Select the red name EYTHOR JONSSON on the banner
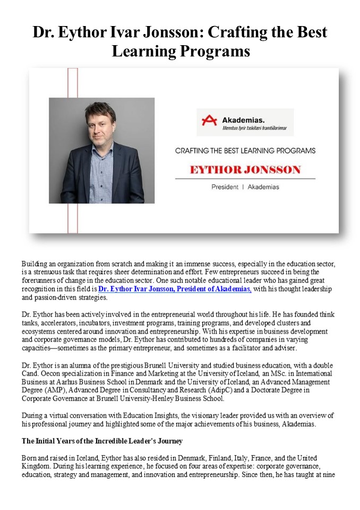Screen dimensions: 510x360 [245, 170]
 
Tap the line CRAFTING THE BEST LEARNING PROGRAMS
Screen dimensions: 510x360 [245, 150]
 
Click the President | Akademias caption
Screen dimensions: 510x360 [245, 187]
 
